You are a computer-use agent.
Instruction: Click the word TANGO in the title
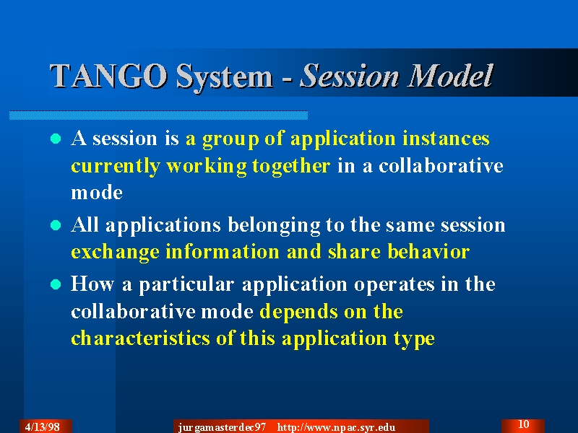[108, 76]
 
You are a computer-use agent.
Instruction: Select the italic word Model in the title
[450, 76]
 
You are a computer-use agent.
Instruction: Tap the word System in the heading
[225, 76]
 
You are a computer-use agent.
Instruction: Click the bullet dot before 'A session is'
[56, 139]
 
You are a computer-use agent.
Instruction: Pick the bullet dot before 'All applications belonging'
[56, 225]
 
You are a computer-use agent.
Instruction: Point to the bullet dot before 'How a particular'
[56, 284]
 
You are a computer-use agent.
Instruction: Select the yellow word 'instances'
[446, 139]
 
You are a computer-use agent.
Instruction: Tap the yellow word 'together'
[291, 167]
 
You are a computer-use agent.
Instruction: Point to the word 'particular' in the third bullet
[186, 285]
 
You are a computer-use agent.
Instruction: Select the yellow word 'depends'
[298, 312]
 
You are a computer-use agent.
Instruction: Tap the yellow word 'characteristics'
[140, 338]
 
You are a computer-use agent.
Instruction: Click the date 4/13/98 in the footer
[43, 427]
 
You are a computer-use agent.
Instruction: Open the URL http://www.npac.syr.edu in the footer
[336, 427]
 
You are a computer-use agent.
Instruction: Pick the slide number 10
[523, 424]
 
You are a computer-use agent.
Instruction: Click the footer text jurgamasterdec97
[222, 427]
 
